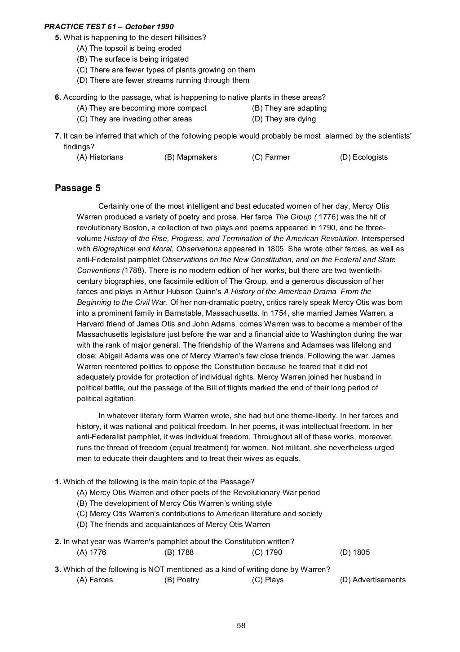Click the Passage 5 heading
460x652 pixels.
coord(77,188)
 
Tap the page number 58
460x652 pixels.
coord(241,625)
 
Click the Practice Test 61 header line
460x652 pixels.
coord(109,27)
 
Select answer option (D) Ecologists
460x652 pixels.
coord(363,157)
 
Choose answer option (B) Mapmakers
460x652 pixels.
coord(190,157)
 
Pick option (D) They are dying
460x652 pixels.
coord(284,119)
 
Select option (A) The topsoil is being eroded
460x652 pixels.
coord(129,48)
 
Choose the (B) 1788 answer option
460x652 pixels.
coord(179,552)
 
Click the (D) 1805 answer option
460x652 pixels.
coord(355,552)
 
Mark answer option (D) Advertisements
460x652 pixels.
coord(372,580)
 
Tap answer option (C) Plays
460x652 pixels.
coord(268,580)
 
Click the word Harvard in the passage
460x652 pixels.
coord(90,324)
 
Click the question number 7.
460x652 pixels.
coord(58,136)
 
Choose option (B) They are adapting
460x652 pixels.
coord(289,108)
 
